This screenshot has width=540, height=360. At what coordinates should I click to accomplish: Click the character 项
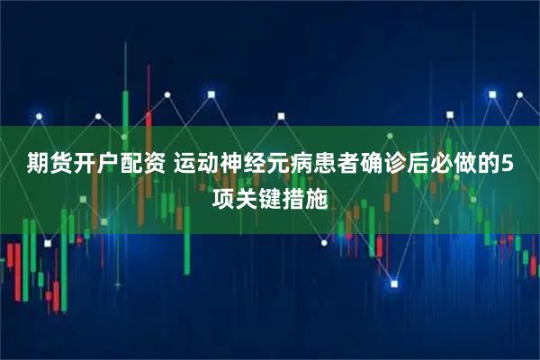(223, 193)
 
